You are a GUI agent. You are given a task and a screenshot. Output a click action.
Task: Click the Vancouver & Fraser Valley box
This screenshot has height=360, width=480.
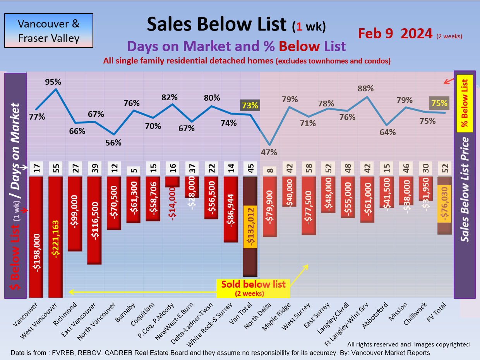(49, 31)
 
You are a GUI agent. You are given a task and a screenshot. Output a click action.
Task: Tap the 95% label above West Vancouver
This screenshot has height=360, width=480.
(53, 82)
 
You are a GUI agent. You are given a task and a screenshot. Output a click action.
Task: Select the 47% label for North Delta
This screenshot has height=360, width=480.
(269, 152)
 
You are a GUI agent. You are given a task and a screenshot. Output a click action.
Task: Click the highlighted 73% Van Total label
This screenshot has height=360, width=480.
(250, 105)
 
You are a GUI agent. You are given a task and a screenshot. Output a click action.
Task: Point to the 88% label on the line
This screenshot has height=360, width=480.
(366, 89)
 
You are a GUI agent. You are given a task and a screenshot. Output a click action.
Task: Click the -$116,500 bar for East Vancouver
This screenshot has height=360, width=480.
(94, 220)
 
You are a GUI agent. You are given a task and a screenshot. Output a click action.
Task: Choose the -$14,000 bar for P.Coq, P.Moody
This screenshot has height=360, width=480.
(172, 182)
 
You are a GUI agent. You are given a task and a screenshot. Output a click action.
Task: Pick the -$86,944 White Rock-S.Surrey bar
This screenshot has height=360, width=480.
(231, 209)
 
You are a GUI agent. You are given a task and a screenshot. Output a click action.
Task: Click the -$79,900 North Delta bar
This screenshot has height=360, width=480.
(270, 207)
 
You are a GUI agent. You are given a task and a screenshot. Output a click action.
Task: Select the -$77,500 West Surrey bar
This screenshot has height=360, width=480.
(309, 206)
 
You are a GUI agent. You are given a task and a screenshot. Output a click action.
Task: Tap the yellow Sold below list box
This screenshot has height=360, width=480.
(253, 288)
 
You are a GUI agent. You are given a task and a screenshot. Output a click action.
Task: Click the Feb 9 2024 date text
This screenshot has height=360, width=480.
(395, 34)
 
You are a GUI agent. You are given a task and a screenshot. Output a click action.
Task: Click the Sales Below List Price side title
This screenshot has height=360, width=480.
(465, 190)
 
